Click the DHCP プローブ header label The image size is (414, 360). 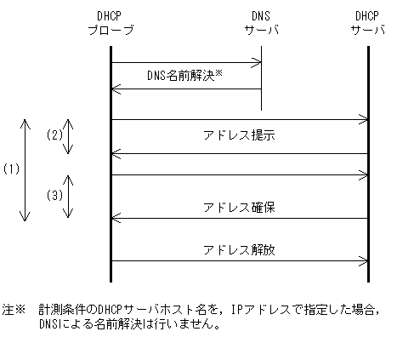click(111, 24)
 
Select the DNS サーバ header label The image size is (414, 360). click(261, 24)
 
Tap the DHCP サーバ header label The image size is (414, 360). click(368, 24)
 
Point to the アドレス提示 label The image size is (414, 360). click(239, 136)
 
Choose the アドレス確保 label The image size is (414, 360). click(239, 207)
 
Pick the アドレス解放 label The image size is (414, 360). click(239, 249)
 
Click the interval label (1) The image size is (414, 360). click(11, 169)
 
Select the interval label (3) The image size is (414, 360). click(54, 196)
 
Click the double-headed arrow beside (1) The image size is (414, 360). click(26, 169)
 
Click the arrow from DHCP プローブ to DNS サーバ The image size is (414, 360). click(185, 61)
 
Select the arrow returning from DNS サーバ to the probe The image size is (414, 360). click(185, 89)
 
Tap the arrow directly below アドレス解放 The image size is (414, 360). click(239, 261)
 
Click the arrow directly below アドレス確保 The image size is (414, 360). click(239, 219)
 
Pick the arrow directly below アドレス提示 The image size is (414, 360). click(239, 153)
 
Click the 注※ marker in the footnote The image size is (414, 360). click(14, 311)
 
